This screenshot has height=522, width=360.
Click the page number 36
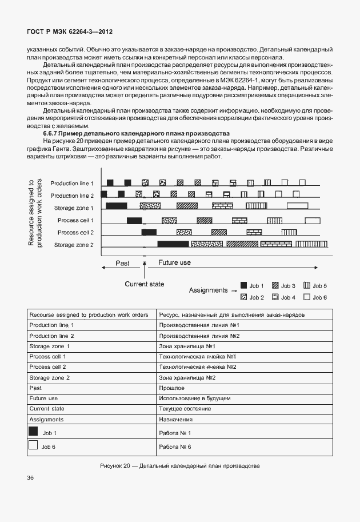(30, 477)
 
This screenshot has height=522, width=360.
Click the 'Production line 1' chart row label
(72, 183)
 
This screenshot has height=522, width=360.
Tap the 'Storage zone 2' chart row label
(74, 245)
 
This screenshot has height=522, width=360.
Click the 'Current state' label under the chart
(145, 284)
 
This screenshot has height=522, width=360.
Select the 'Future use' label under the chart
(174, 263)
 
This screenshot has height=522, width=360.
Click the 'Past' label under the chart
(122, 264)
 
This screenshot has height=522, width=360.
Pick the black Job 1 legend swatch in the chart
(243, 285)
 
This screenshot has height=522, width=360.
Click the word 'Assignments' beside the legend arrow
(208, 290)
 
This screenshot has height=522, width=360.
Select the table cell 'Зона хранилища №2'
(187, 378)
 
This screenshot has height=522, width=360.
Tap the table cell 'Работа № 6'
(175, 447)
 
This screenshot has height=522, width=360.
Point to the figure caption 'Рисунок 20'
(179, 465)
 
